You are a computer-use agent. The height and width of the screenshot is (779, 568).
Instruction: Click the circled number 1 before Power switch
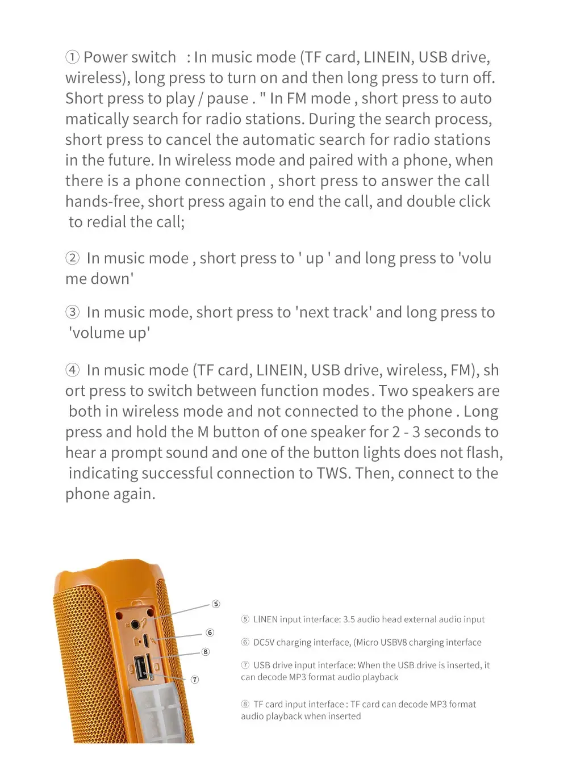(72, 57)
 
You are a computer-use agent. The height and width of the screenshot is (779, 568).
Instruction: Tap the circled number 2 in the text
(72, 258)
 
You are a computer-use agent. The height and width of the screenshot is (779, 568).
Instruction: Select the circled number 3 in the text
(72, 312)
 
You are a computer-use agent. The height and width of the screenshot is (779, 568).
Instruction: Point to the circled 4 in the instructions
(72, 370)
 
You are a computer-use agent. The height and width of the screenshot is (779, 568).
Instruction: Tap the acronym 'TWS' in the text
(329, 474)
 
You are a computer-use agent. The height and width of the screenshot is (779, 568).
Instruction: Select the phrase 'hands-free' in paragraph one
(104, 202)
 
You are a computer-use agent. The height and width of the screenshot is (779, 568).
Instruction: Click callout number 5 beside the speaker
(216, 604)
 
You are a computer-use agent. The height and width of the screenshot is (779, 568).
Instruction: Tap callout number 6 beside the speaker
(210, 633)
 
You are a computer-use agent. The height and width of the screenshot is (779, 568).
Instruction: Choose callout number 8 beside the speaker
(206, 652)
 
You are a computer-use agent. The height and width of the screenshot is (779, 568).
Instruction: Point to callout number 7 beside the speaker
(195, 680)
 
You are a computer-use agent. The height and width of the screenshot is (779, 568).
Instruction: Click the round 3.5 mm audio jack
(136, 625)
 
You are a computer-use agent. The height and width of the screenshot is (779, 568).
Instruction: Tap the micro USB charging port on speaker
(145, 640)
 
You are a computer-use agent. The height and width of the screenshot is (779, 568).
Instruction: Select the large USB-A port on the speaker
(141, 668)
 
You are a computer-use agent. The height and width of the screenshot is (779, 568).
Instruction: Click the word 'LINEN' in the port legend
(265, 619)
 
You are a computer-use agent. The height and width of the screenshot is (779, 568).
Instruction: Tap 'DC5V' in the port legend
(264, 643)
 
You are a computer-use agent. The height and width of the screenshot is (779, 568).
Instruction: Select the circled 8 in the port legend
(245, 705)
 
